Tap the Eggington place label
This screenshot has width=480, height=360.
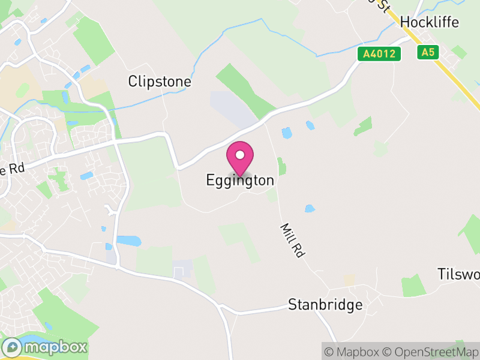pos(240,180)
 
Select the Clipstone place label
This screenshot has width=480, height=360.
pos(160,82)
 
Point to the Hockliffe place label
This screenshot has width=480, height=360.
pos(429,22)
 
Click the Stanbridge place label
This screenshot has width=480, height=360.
pos(325,305)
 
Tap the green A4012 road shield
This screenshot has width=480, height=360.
pos(379,54)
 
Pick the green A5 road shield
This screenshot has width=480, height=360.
pos(427,53)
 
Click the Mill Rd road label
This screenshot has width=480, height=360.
pos(292,240)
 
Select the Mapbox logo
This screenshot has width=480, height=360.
pos(45,347)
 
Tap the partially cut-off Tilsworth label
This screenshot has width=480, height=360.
pos(458,275)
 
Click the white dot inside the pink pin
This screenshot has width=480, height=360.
pos(240,155)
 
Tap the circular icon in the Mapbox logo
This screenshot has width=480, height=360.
pos(13,347)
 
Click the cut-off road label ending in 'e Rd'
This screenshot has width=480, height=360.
pos(12,169)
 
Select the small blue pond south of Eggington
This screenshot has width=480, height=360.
pos(310,208)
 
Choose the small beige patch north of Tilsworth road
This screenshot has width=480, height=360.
pos(349,280)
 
